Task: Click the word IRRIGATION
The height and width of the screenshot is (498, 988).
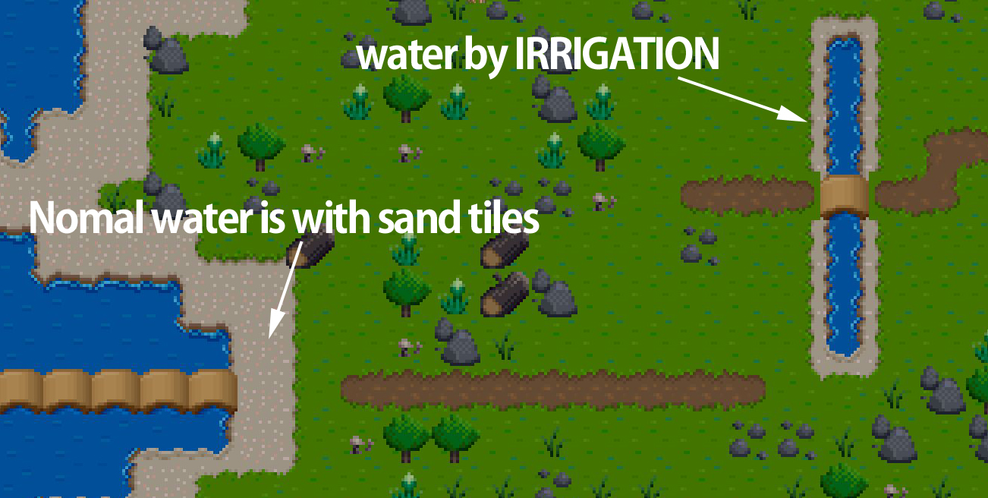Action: pos(617,53)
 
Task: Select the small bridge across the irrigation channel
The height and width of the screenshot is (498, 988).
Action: pos(844,196)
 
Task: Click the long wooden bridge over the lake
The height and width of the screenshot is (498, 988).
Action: pos(118,390)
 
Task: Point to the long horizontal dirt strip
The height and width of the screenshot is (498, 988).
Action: pos(553,389)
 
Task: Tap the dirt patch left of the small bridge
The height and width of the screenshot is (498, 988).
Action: pos(747,194)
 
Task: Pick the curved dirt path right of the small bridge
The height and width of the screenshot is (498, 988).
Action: pos(930,170)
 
